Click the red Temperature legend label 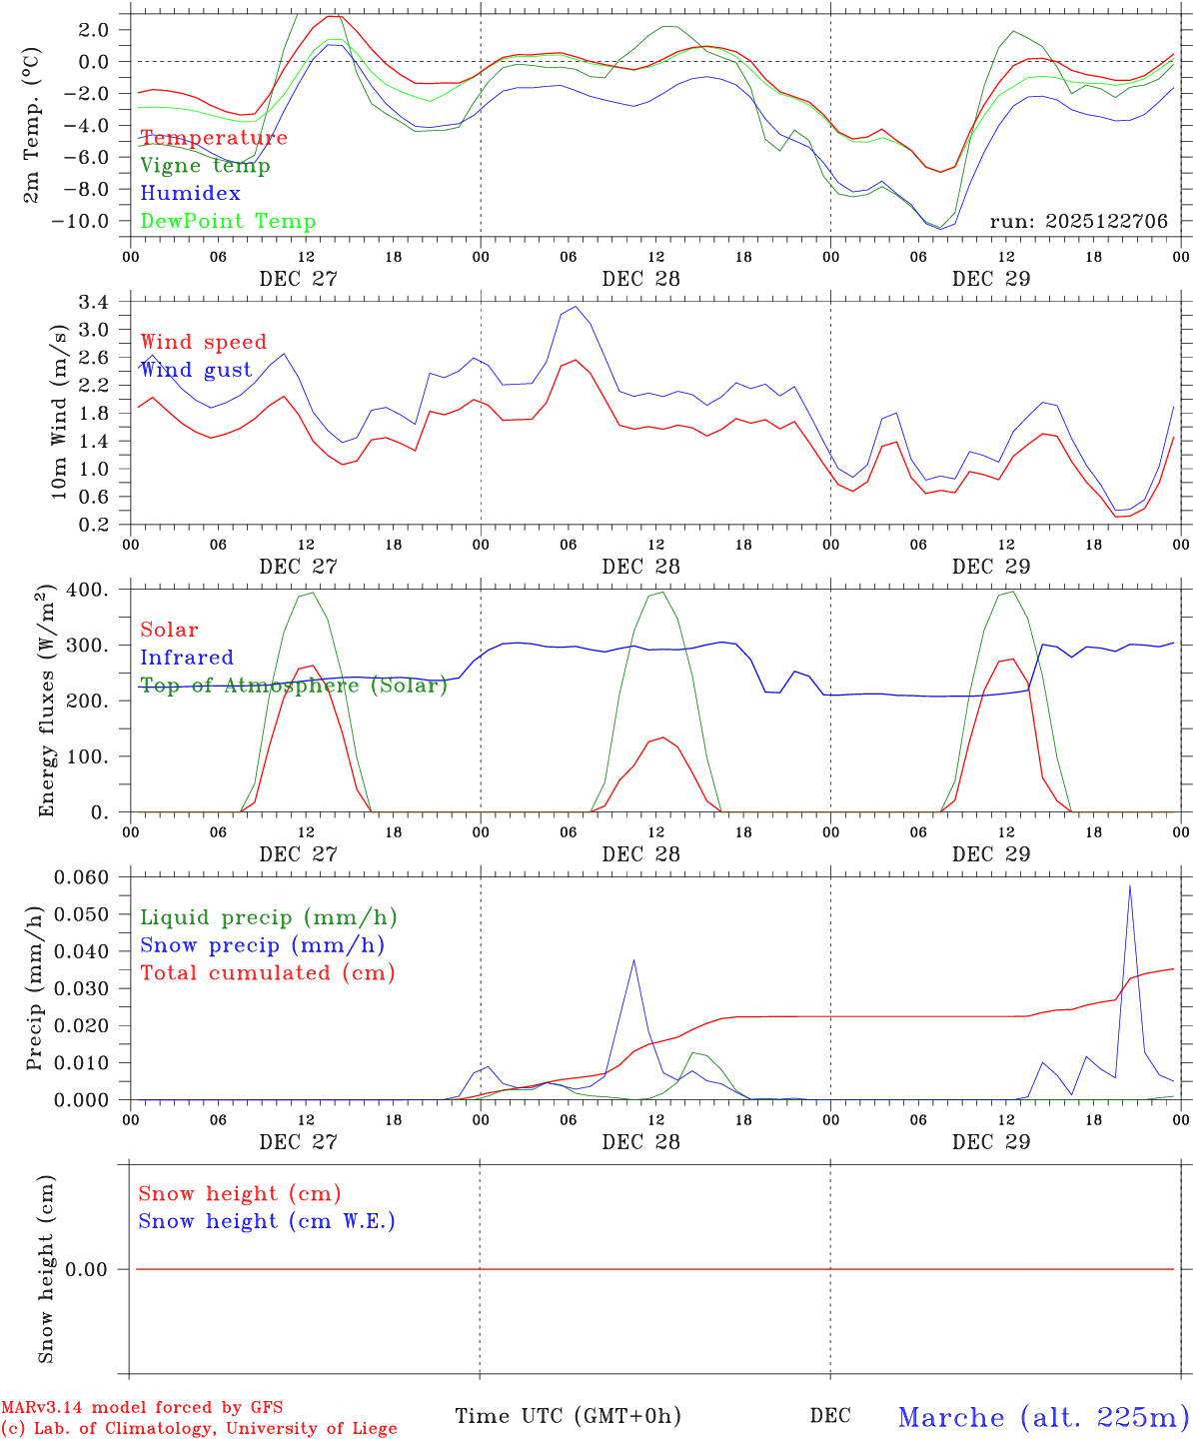click(214, 138)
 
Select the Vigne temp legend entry click(205, 166)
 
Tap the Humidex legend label click(190, 194)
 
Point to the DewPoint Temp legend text click(228, 222)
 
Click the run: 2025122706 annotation click(1078, 222)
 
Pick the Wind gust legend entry click(196, 370)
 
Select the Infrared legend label click(187, 658)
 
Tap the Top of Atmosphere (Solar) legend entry click(294, 686)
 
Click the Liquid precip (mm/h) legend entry click(269, 917)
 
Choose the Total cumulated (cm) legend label click(268, 973)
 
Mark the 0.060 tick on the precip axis click(80, 877)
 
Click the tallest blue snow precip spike click(1130, 886)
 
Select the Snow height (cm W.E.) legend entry click(267, 1221)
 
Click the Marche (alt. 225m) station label click(1043, 1416)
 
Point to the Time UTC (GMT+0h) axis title click(568, 1416)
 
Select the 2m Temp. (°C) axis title click(33, 125)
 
